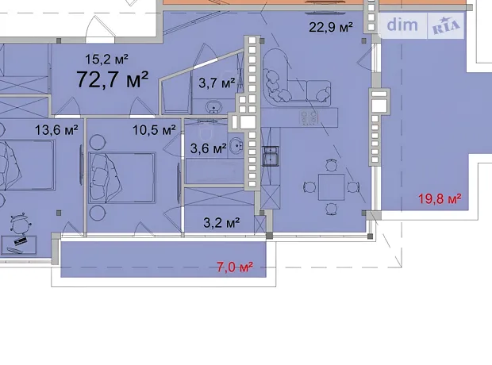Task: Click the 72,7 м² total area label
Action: coord(112,79)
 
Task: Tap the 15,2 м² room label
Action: coord(106,59)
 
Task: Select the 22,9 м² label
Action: coord(331,27)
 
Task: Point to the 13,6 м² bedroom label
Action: coord(56,129)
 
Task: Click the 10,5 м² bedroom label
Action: coord(154,129)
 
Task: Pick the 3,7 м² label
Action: coord(217,83)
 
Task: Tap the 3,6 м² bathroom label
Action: coord(209,148)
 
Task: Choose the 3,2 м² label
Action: coord(221,223)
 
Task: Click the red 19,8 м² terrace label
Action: coord(440,198)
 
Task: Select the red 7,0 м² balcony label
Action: coord(235,267)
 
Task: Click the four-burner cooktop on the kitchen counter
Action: coord(309,117)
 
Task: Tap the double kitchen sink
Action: coord(271,156)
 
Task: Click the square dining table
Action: coord(332,187)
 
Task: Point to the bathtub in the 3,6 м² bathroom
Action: coord(214,171)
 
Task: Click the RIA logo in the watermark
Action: coord(446,25)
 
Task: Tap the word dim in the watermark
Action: coord(402,25)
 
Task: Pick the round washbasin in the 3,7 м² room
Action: coord(214,106)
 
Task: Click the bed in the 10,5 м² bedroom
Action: coord(122,178)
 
